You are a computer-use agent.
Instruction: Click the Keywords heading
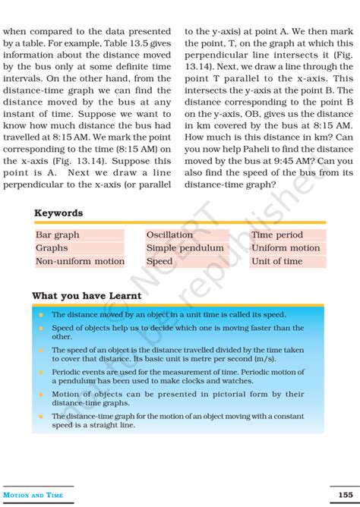tap(58, 213)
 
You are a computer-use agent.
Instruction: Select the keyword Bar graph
tap(58, 235)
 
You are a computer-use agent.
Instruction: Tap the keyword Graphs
tap(52, 248)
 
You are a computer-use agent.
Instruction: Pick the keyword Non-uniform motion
tap(80, 261)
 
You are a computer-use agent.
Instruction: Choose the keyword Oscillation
tap(169, 235)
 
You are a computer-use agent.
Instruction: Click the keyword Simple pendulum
tap(185, 248)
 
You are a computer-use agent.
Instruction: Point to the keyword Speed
tap(159, 261)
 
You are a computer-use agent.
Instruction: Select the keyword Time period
tap(277, 235)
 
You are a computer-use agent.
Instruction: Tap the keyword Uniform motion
tap(286, 248)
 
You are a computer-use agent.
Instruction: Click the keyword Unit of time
tap(276, 261)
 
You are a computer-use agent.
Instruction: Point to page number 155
tap(346, 496)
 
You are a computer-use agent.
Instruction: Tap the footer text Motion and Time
tap(33, 496)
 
